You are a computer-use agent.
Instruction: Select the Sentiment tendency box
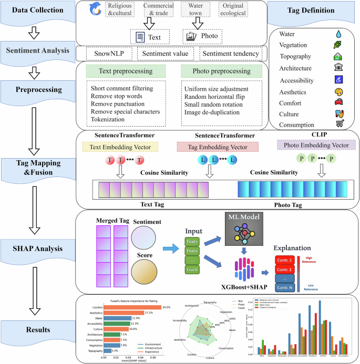coord(231,54)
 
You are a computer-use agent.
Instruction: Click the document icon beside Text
coord(140,37)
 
